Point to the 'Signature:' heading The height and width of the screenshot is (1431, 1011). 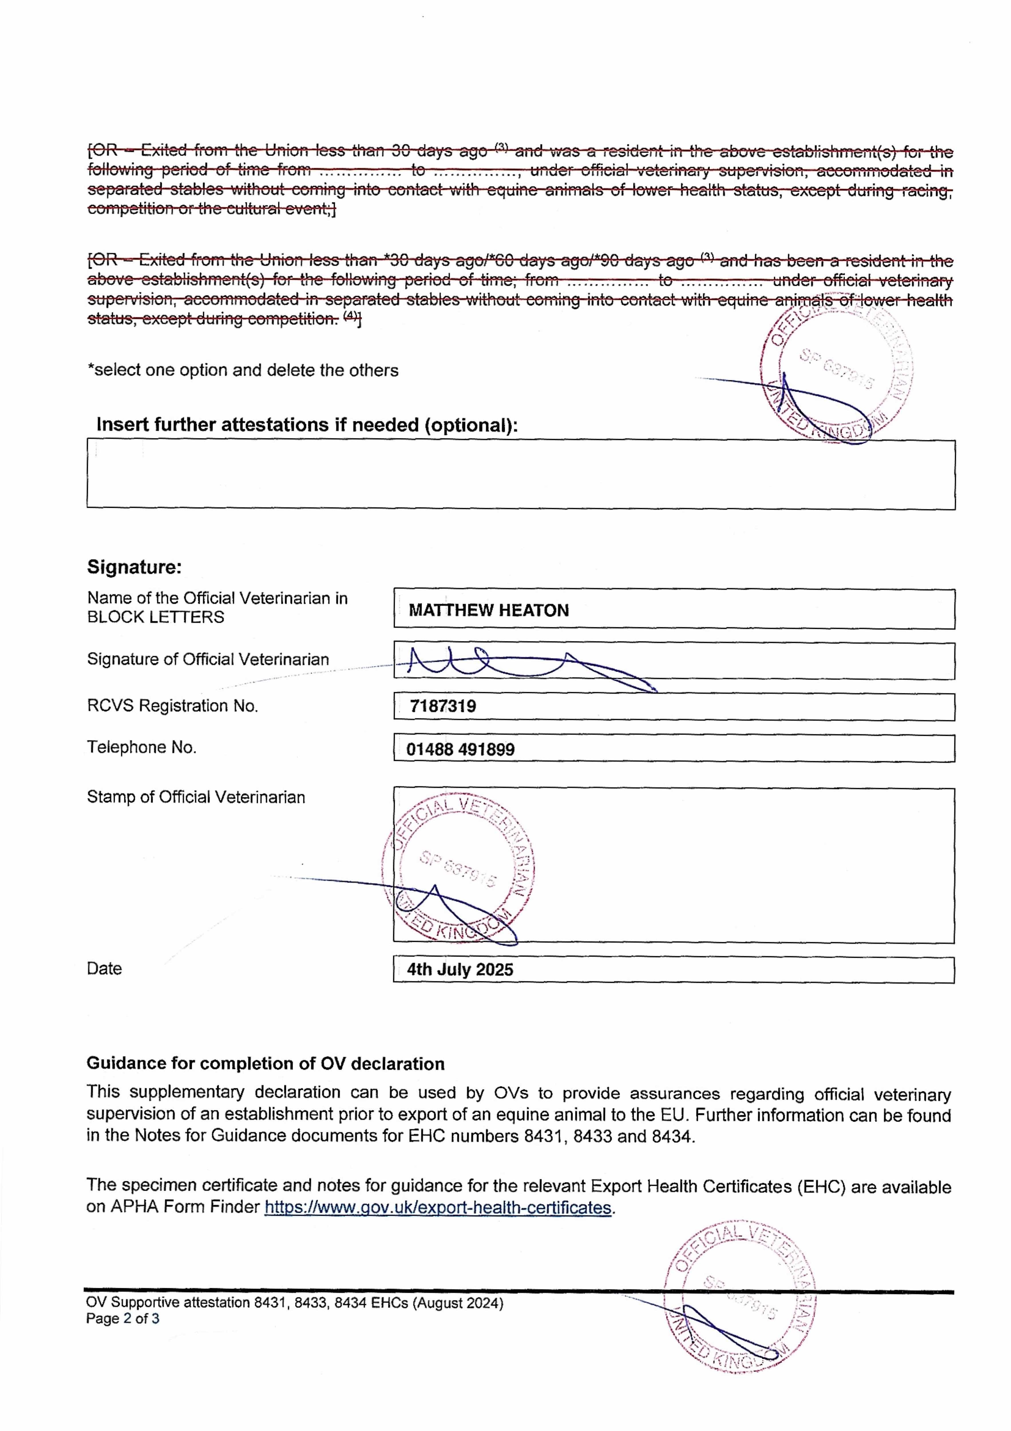pyautogui.click(x=134, y=567)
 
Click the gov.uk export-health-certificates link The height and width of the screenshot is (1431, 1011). pyautogui.click(x=438, y=1207)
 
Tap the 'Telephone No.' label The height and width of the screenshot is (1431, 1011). pyautogui.click(x=141, y=747)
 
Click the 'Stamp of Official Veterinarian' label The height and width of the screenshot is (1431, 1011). pyautogui.click(x=196, y=797)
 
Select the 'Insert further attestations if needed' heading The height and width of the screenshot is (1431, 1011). pyautogui.click(x=307, y=425)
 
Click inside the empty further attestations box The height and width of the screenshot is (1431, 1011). pyautogui.click(x=521, y=475)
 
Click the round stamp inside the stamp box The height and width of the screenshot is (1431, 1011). pyautogui.click(x=458, y=868)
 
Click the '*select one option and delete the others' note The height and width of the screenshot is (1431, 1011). pyautogui.click(x=242, y=370)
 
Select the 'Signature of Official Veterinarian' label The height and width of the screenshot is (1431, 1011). pyautogui.click(x=207, y=659)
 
